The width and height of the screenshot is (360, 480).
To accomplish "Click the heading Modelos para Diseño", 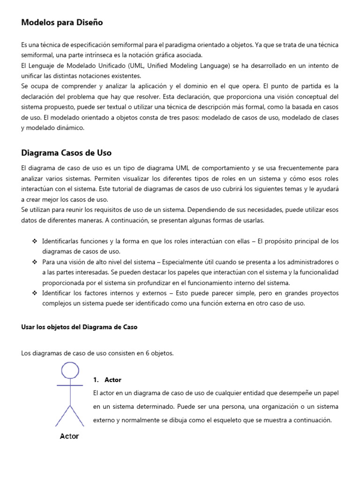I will click(x=62, y=22).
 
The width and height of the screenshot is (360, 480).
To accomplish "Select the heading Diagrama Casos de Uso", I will click(x=67, y=153).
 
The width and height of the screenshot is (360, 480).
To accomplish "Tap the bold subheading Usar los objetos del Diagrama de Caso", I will click(x=79, y=327).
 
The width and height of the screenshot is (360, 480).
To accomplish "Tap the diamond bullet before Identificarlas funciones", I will click(x=35, y=241).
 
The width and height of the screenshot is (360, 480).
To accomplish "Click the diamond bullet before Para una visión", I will click(x=35, y=262).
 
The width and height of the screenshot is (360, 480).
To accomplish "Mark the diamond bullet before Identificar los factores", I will click(x=35, y=293).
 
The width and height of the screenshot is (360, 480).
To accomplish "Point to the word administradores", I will click(x=307, y=262).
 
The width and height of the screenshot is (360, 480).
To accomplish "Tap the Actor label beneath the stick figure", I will click(x=69, y=436).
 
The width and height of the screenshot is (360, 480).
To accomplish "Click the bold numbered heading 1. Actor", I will click(x=107, y=380).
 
